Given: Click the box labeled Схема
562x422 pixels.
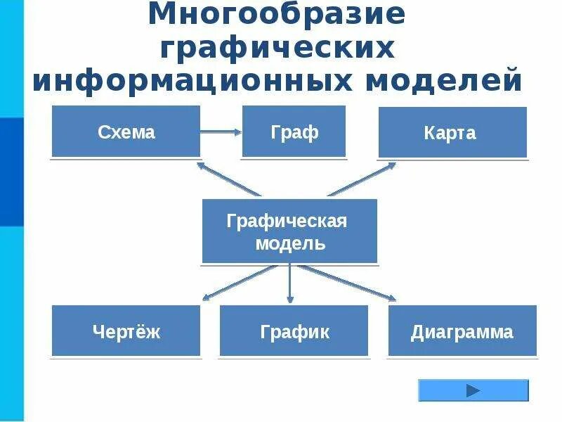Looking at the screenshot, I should coord(126,132).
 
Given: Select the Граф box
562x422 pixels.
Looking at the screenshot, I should coord(294,132).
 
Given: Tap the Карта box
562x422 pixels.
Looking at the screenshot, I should coord(452,133).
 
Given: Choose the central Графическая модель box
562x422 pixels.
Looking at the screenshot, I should coord(289,231).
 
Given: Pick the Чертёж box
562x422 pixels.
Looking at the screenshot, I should coord(126,331).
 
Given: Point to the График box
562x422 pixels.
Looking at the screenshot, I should coord(294,331).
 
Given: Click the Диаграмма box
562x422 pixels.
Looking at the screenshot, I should coord(462,331).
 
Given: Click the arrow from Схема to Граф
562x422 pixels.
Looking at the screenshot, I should coord(221,132).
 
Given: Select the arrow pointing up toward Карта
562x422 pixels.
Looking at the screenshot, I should coord(361,179).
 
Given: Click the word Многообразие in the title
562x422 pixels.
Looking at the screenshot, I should coord(277,15).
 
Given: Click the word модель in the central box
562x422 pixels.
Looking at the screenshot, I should coord(289,243).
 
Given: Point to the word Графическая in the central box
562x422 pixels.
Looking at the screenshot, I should coord(287,221).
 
